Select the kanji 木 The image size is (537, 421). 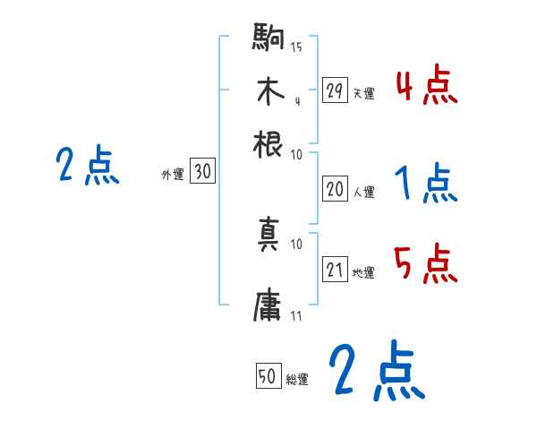269,92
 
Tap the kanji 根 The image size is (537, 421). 269,143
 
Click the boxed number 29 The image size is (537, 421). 335,90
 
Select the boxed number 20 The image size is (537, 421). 335,189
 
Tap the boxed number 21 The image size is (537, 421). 335,270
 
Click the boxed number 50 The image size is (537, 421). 267,377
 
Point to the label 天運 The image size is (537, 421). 363,93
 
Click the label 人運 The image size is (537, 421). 363,192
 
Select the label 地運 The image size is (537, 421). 363,272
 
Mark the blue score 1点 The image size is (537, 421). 426,185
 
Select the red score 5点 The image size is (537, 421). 426,265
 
